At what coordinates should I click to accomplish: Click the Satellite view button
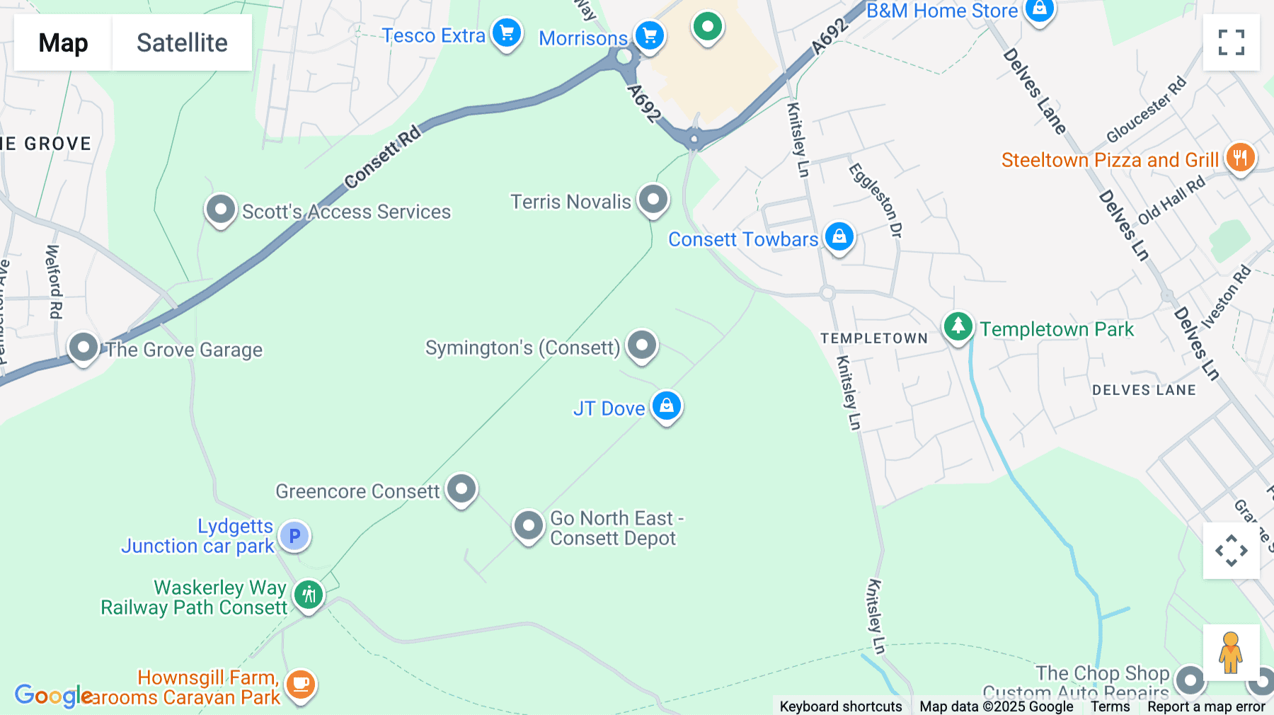click(182, 42)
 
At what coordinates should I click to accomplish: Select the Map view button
click(63, 42)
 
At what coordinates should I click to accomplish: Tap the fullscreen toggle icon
click(1231, 42)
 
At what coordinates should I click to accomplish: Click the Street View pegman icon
click(1231, 652)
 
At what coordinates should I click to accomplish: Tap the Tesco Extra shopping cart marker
click(507, 33)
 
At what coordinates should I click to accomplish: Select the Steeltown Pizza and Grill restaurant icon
click(1240, 157)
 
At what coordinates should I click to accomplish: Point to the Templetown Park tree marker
click(958, 327)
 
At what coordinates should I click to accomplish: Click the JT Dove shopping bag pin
click(667, 406)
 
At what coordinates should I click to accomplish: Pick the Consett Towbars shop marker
click(839, 237)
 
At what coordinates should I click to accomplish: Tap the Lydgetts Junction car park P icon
click(294, 536)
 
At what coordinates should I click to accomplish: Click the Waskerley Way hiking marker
click(309, 595)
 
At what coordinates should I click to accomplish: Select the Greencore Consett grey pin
click(461, 488)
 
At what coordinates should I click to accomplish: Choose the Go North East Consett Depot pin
click(528, 526)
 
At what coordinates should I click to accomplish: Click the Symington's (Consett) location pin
click(642, 345)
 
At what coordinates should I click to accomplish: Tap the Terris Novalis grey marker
click(653, 200)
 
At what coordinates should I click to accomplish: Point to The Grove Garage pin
click(84, 348)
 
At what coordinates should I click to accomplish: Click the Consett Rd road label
click(382, 158)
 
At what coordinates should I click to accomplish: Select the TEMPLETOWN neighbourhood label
click(874, 338)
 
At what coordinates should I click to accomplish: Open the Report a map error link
click(1206, 707)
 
